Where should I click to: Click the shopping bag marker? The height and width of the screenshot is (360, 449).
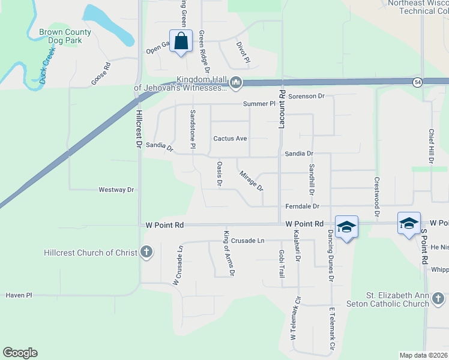coord(181,41)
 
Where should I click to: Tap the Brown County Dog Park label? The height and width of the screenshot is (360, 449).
coord(65,37)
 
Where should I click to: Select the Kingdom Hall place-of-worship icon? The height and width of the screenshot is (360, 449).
coord(236,83)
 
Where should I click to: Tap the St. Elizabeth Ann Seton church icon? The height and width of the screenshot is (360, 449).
coord(438,299)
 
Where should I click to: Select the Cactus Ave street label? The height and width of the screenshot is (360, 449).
coord(230,139)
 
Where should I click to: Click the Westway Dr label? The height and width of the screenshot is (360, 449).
coord(116,190)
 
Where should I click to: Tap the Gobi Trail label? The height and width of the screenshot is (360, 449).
coord(282,264)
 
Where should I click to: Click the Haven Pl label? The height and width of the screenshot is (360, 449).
coord(19,295)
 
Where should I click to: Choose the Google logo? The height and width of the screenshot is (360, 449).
coord(20,353)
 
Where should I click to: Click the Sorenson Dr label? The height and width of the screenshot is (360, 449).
coord(306,96)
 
